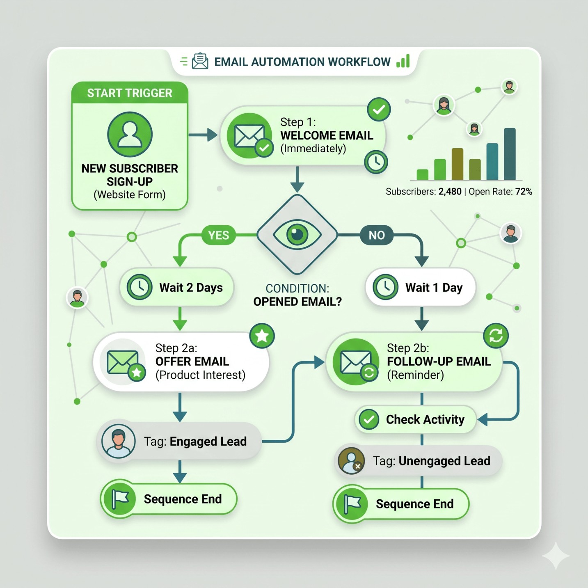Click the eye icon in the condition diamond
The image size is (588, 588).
click(x=297, y=235)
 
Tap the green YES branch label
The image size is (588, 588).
click(x=218, y=235)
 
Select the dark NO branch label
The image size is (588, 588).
click(x=376, y=235)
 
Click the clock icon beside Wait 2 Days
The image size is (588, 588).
click(x=140, y=287)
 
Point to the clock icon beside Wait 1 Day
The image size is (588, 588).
click(x=385, y=287)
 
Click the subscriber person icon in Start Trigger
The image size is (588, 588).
click(x=130, y=135)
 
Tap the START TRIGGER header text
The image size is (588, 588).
click(x=130, y=93)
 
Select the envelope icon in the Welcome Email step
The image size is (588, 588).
click(x=249, y=136)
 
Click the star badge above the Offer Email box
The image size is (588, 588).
click(x=262, y=336)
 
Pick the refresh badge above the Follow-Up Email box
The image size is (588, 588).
click(x=496, y=336)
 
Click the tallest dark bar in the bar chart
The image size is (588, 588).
click(x=510, y=154)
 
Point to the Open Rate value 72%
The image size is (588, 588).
click(x=524, y=192)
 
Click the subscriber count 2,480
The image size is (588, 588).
click(x=450, y=192)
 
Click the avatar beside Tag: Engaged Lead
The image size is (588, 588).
click(x=119, y=441)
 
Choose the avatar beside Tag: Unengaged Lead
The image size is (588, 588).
click(x=351, y=461)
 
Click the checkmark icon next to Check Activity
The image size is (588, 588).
click(x=369, y=419)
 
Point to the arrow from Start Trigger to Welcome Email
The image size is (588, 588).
click(x=203, y=135)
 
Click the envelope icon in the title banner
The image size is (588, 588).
click(x=200, y=62)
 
